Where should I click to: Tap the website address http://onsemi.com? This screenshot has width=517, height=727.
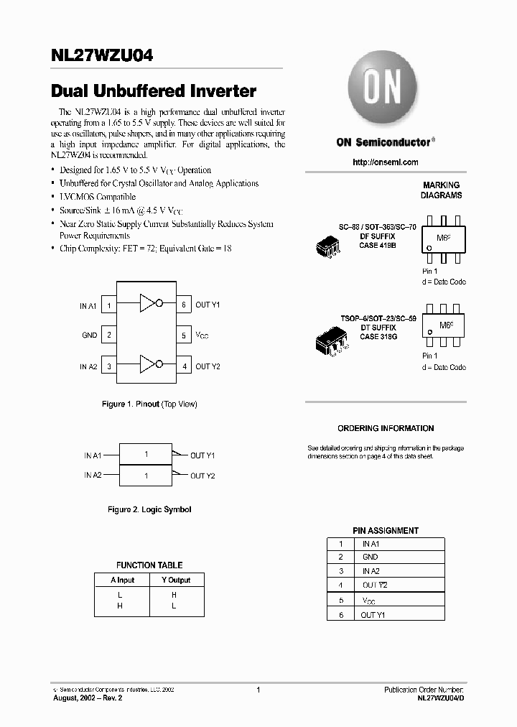[x=386, y=162]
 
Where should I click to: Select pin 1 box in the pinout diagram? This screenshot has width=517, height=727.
[x=109, y=305]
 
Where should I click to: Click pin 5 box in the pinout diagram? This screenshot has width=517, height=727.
[x=184, y=335]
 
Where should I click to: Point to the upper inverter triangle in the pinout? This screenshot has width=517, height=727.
[x=148, y=303]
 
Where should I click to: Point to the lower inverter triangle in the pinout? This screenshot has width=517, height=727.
[x=148, y=365]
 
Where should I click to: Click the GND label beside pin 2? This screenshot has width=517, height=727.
[x=89, y=335]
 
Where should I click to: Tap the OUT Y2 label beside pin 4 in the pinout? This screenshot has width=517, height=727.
[x=208, y=366]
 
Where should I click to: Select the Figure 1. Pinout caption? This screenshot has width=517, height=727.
[x=149, y=404]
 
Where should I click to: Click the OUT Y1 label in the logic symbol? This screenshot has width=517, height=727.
[x=202, y=455]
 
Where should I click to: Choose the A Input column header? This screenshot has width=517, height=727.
[x=122, y=580]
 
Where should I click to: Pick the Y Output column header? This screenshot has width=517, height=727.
[x=176, y=580]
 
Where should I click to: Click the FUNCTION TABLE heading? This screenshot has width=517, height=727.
[x=149, y=565]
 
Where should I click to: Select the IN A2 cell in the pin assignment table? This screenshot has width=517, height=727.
[x=371, y=570]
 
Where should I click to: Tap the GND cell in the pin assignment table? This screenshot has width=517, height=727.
[x=370, y=557]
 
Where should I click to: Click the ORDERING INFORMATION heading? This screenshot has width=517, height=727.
[x=386, y=429]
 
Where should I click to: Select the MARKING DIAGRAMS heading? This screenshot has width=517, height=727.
[x=441, y=190]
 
